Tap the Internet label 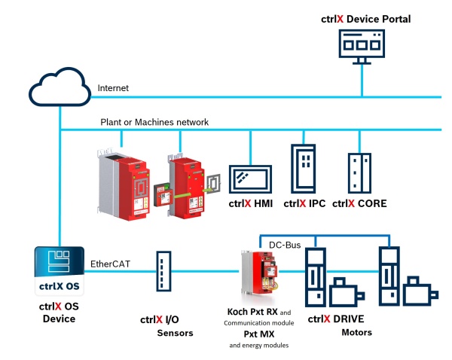[113, 88]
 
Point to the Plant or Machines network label [154, 122]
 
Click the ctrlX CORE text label [360, 203]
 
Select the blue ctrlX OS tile [59, 271]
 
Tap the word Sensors [176, 332]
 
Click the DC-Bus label [285, 245]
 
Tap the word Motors [356, 332]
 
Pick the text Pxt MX [257, 333]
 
